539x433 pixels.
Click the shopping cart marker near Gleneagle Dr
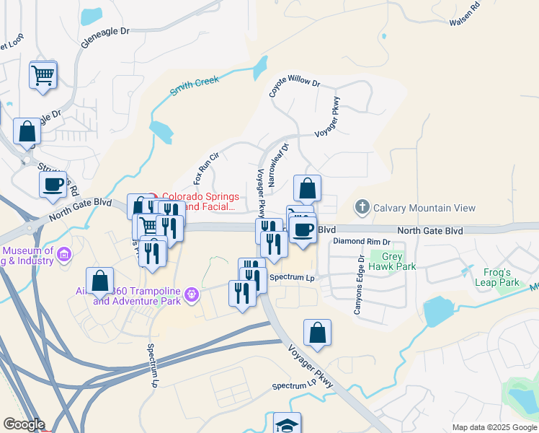coord(43,74)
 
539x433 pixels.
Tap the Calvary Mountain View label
coord(424,208)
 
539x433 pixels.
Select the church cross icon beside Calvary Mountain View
coord(362,208)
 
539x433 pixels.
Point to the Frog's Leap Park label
coord(498,277)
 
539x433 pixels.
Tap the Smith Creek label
coord(194,86)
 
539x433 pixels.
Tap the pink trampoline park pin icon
coord(191,294)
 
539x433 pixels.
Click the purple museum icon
coord(64,254)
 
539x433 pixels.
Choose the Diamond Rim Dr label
coord(361,242)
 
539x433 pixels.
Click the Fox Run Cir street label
coord(205,167)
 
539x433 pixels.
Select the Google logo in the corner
coord(24,424)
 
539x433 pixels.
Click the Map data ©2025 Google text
coord(494,427)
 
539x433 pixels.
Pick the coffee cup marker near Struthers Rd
coord(53,184)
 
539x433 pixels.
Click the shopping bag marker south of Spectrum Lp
coord(317,333)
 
